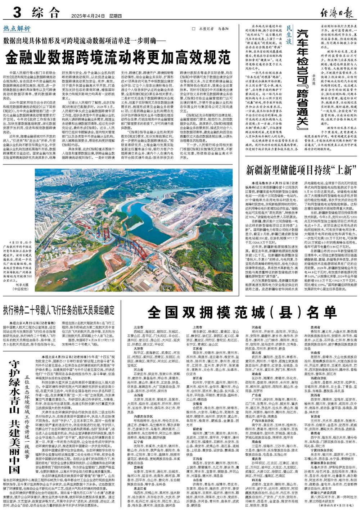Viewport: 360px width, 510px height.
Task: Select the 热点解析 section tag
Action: tap(17, 29)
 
